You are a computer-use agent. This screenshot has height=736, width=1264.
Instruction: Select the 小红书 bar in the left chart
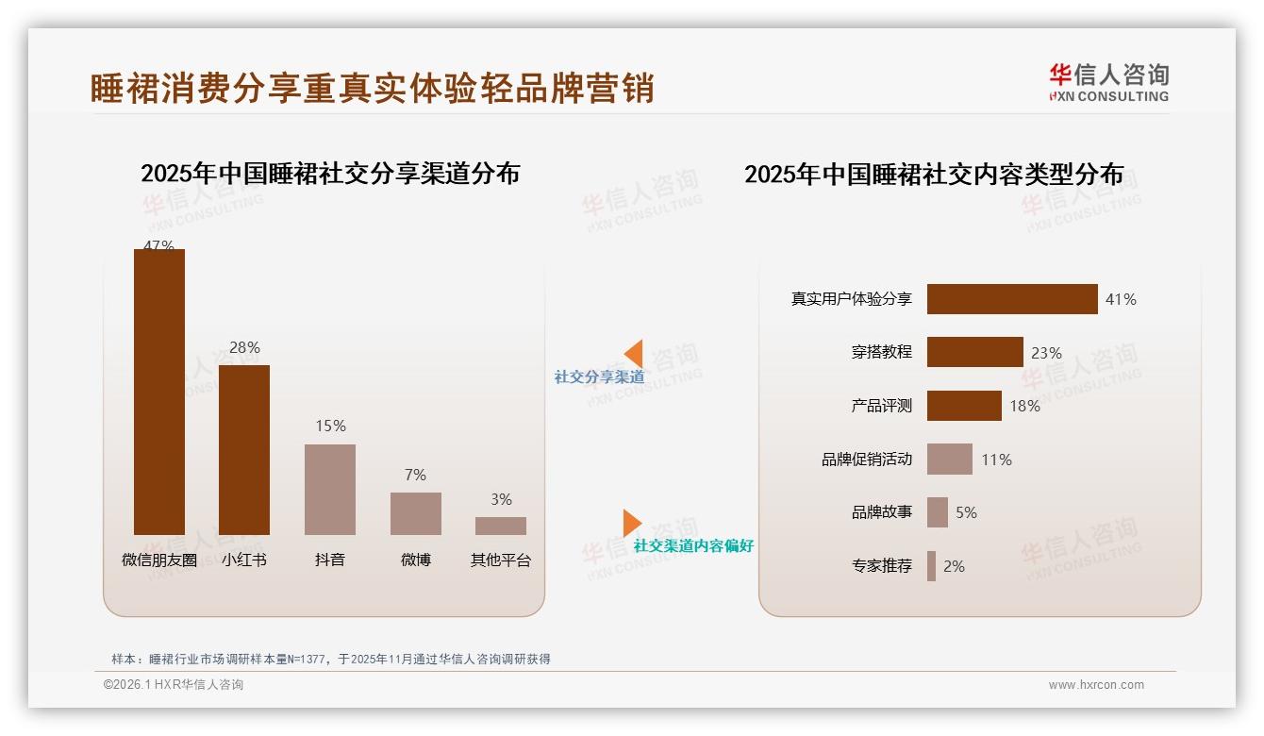pos(244,450)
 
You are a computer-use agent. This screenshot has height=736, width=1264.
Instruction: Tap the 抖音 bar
pos(330,490)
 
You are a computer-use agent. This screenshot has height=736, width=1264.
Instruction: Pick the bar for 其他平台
pos(501,526)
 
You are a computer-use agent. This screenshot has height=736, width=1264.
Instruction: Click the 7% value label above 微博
pos(415,475)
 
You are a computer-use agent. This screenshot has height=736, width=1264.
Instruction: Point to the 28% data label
pos(244,347)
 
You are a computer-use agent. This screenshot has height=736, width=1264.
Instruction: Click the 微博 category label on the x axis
pos(415,560)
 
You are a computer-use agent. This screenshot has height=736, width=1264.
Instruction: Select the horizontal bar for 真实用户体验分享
pos(1012,299)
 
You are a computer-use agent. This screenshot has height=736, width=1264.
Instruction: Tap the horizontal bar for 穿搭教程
pos(974,352)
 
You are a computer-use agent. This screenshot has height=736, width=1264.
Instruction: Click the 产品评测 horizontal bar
pos(964,406)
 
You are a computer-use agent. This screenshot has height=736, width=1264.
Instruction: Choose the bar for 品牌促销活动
pos(949,460)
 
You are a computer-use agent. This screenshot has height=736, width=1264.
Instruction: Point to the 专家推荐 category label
pos(882,566)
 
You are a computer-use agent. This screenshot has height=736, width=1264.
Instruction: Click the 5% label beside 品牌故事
pos(966,512)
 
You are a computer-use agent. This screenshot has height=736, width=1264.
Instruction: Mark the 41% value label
pos(1121,299)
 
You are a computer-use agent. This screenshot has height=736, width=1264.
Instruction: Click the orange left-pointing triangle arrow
pos(634,354)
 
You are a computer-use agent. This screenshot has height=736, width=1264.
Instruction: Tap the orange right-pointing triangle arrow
pos(631,523)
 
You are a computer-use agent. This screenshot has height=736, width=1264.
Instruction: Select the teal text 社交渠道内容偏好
pos(693,545)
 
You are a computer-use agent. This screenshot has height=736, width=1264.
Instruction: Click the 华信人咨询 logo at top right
pos(1108,82)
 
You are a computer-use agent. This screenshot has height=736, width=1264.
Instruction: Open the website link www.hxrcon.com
pos(1096,685)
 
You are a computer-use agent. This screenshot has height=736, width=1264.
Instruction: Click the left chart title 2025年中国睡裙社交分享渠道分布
pos(330,174)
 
